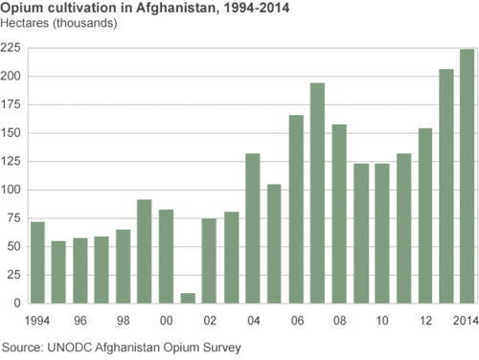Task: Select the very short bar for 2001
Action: (188, 298)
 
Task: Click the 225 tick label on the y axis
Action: (12, 48)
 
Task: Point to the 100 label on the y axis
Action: (12, 190)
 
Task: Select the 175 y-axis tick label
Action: (12, 104)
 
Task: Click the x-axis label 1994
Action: (37, 319)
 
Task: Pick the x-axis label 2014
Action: (467, 319)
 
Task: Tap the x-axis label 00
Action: (166, 319)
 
